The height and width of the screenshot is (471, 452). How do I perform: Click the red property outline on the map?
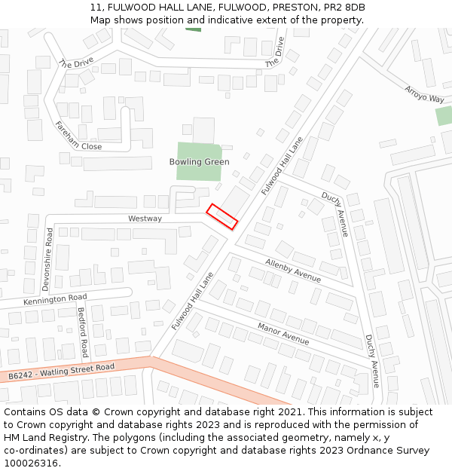click(222, 216)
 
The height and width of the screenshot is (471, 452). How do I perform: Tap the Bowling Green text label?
click(199, 162)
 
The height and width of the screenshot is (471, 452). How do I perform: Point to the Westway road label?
click(145, 219)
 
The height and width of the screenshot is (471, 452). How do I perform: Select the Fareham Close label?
click(78, 136)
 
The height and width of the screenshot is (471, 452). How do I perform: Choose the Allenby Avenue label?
click(293, 271)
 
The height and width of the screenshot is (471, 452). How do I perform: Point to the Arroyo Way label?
click(425, 93)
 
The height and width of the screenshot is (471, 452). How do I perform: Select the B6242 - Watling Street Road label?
click(62, 372)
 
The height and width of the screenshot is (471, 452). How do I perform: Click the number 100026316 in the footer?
click(32, 463)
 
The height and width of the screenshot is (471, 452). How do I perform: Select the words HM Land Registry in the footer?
click(38, 438)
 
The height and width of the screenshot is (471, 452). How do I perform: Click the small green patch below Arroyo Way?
click(444, 115)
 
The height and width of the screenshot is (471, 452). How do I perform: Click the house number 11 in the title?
click(95, 8)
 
